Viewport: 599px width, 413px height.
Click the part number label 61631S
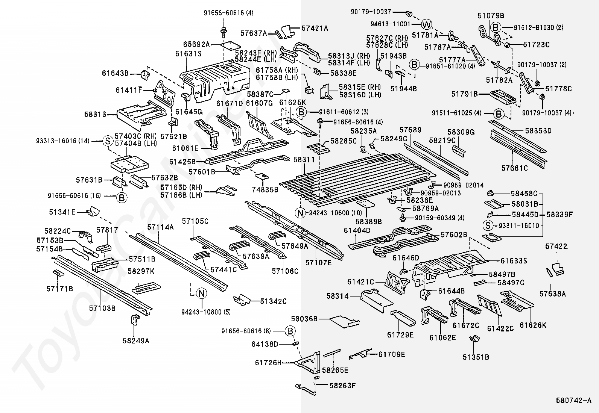tap(189, 54)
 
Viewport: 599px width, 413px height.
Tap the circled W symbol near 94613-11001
tap(427, 25)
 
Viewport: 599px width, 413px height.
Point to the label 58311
tap(304, 160)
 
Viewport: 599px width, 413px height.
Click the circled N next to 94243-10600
tap(300, 213)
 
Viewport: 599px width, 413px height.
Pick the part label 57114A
tap(161, 227)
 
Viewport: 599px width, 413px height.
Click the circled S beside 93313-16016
tap(108, 141)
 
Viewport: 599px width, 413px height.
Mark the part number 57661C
tap(515, 168)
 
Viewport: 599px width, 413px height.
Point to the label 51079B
tap(491, 16)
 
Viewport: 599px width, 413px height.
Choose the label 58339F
tap(559, 215)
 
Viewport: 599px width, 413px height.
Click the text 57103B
tap(102, 308)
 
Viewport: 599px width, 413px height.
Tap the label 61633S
tap(514, 261)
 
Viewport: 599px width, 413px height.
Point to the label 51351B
tap(476, 357)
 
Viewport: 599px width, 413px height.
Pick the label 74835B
tap(265, 189)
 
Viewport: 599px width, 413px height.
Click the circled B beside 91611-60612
tap(301, 112)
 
